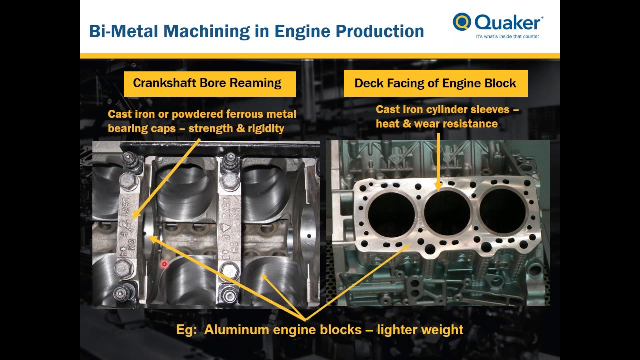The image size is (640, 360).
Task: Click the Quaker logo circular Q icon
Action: [x=462, y=22]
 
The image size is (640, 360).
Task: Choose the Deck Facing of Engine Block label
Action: [x=435, y=83]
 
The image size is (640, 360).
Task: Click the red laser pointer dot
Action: [x=164, y=264]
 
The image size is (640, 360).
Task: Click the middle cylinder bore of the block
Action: [x=447, y=212]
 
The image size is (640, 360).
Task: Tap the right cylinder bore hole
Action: [x=502, y=210]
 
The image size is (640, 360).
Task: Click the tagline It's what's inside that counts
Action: [x=507, y=37]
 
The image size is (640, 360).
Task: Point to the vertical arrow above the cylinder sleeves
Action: [x=438, y=160]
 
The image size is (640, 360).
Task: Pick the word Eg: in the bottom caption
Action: [x=187, y=330]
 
